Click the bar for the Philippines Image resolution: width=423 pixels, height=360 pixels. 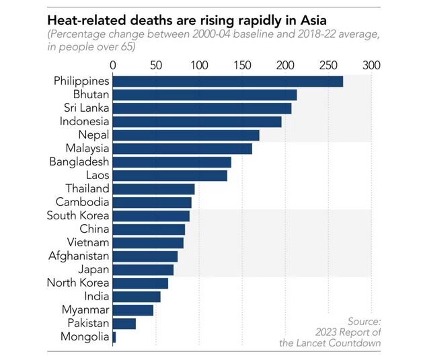point(227,81)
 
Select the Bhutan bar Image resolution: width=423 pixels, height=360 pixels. point(204,95)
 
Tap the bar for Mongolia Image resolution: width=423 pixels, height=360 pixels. point(114,337)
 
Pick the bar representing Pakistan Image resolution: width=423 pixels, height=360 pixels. point(124,324)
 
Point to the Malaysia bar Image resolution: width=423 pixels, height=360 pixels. point(182,149)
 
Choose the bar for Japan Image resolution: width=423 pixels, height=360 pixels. point(143,270)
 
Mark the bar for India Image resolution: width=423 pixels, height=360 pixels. point(137,297)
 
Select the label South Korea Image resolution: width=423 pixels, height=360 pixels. point(78,215)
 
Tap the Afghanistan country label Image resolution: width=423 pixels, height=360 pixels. point(79,256)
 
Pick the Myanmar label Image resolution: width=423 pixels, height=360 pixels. point(85,310)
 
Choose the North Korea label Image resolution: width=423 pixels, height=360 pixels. point(78,283)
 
